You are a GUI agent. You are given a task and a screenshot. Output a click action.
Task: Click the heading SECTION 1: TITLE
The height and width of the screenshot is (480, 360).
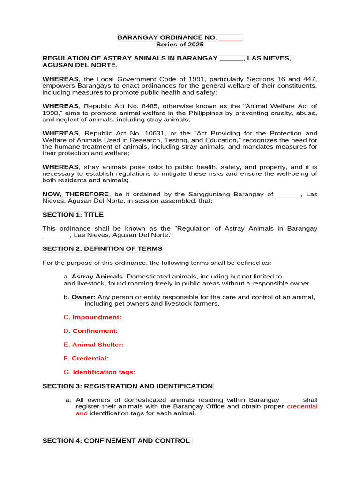[73, 215]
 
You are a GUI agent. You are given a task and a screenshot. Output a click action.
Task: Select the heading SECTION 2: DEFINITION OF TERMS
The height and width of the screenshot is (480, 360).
[102, 248]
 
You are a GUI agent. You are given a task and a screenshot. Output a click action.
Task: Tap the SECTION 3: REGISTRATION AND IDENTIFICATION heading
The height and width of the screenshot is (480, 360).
[127, 386]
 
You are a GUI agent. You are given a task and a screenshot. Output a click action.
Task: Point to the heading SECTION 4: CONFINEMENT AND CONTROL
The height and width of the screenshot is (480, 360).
[116, 441]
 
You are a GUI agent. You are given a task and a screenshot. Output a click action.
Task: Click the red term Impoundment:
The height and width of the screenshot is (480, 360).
[97, 317]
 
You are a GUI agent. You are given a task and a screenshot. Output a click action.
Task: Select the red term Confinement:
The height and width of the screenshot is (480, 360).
[95, 331]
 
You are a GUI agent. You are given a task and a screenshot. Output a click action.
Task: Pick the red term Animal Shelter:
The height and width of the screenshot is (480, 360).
[98, 345]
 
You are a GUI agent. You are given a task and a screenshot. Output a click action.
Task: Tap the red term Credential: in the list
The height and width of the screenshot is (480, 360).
[90, 358]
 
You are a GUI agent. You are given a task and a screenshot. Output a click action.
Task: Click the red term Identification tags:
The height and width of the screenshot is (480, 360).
[104, 372]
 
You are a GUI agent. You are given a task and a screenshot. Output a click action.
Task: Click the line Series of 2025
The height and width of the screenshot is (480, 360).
[180, 45]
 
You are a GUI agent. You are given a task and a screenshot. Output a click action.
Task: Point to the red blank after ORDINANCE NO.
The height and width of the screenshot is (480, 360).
[231, 37]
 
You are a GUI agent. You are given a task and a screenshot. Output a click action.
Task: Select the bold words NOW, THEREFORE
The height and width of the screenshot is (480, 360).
[75, 194]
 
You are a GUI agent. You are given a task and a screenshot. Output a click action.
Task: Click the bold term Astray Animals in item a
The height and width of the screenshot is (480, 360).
[97, 277]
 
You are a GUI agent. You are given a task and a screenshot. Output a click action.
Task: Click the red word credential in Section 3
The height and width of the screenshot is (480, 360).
[302, 406]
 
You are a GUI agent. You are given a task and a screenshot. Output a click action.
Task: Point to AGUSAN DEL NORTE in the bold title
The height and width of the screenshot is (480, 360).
[80, 65]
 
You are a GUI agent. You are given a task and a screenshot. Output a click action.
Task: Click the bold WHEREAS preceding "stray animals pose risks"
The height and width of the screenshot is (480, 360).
[60, 167]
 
